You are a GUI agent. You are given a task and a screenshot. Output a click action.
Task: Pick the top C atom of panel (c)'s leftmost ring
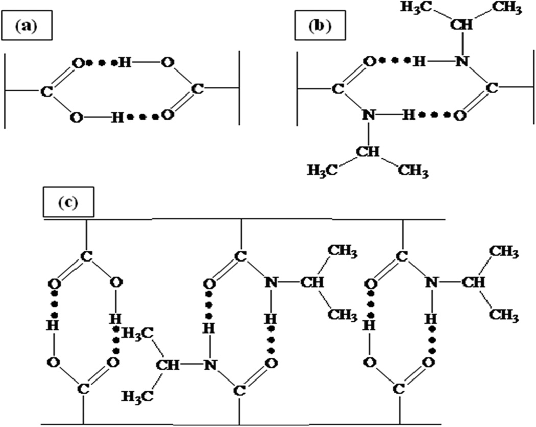(x=87, y=256)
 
